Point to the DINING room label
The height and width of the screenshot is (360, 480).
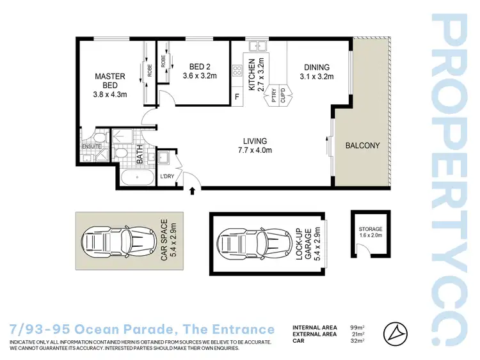point(316,67)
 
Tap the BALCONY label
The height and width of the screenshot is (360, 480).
point(362,145)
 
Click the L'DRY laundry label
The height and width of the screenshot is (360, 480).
point(168,176)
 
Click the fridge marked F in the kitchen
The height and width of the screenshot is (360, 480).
point(237,97)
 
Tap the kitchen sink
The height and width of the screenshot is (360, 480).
point(259,46)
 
